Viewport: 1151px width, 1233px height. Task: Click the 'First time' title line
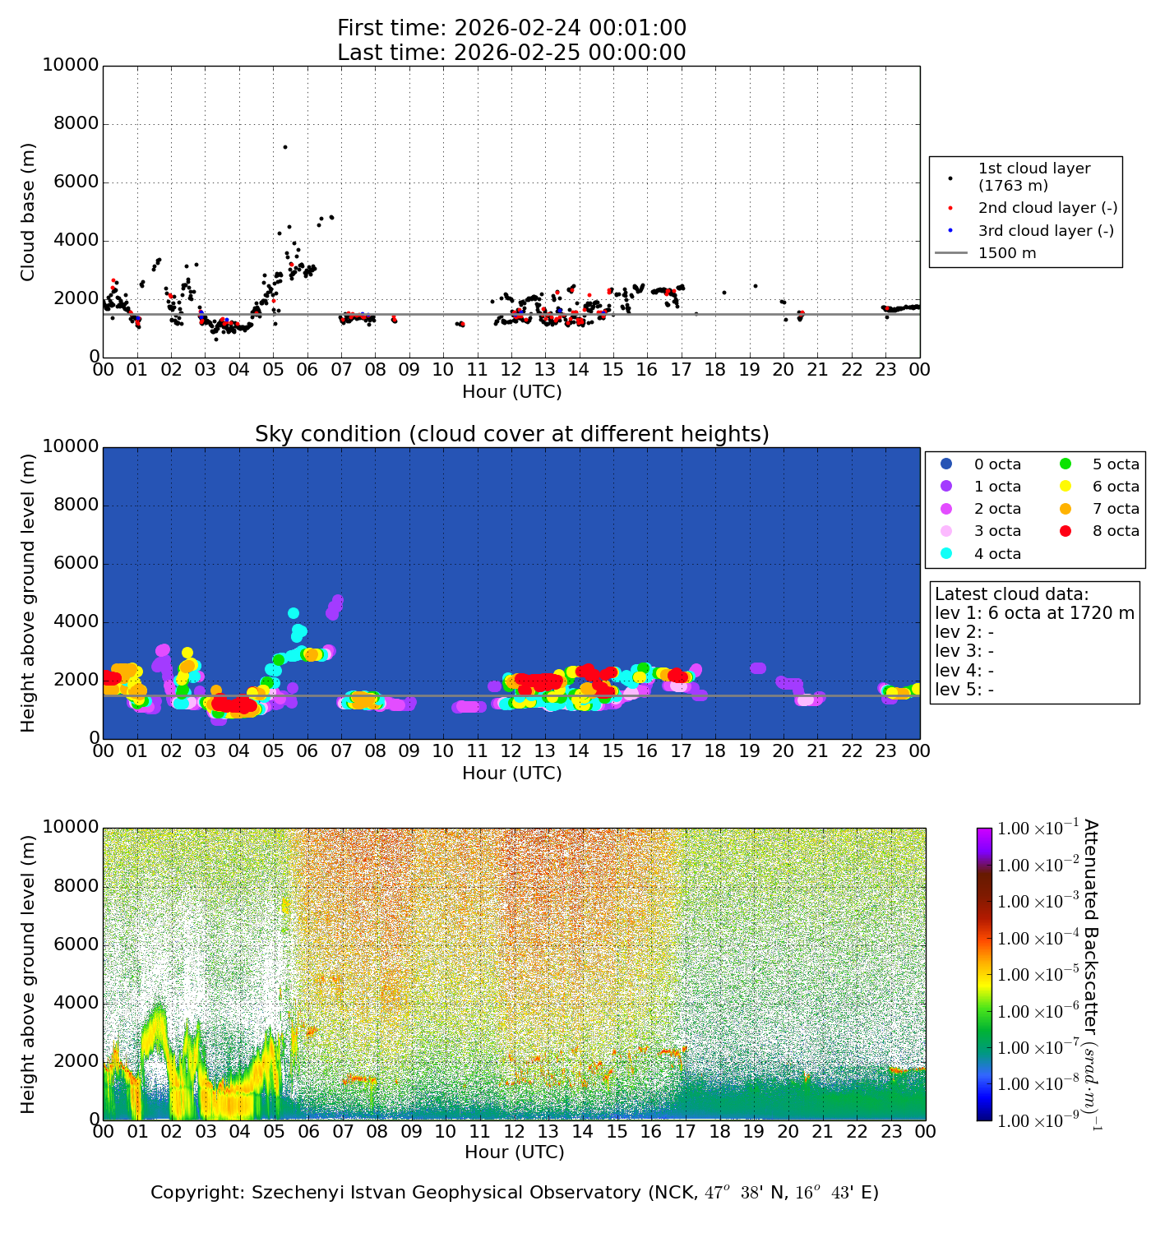click(511, 28)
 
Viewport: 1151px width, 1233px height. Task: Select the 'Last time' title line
click(511, 53)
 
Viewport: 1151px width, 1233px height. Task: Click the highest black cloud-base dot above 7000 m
click(285, 147)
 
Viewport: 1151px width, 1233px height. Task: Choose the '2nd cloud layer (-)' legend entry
click(1047, 209)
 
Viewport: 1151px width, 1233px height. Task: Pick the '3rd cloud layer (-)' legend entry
click(1045, 231)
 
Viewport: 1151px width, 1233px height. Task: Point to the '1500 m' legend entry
click(1006, 253)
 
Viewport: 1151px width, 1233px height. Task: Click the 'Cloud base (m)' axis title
click(28, 212)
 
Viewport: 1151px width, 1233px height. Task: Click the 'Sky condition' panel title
click(511, 434)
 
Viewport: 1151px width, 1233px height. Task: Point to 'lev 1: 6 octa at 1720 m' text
click(1034, 613)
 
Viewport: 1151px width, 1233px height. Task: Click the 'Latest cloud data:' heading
click(1011, 594)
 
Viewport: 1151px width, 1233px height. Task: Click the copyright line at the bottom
click(514, 1193)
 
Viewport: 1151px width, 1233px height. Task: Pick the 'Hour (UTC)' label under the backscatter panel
click(514, 1152)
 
